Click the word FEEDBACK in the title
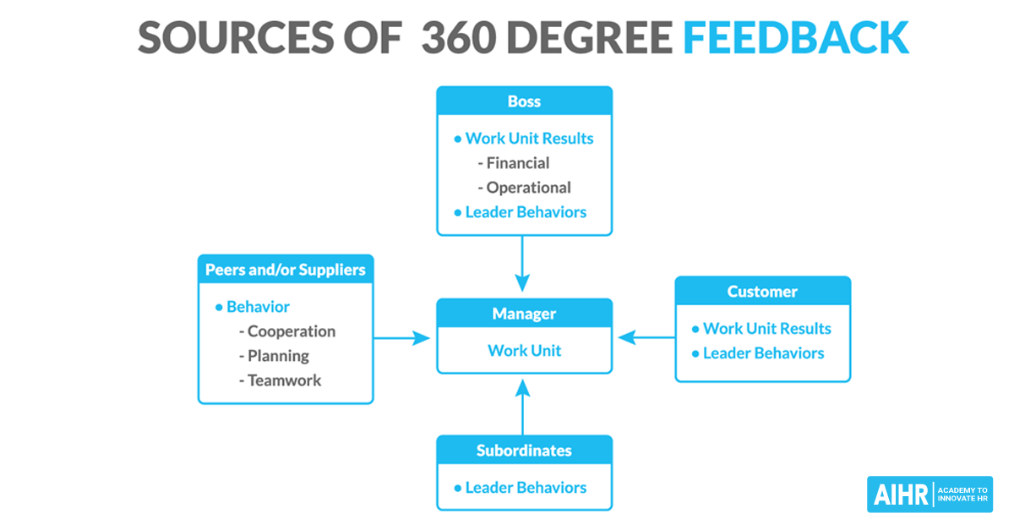coord(795,37)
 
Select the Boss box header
coord(524,101)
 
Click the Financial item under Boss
coord(517,163)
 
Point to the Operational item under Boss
coord(528,188)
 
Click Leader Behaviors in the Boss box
coord(526,212)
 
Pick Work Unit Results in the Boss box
coord(529,139)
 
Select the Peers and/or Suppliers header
coord(286,270)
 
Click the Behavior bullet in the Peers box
coord(257,307)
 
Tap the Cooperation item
coord(291,331)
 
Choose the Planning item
coord(278,356)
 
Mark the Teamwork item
coord(284,380)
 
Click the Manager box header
coord(524,314)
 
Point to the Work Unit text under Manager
coord(524,350)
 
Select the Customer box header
coord(762,292)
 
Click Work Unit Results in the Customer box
coord(766,329)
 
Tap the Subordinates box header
coord(524,451)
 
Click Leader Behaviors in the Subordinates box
coord(526,488)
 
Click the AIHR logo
coord(929,494)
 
